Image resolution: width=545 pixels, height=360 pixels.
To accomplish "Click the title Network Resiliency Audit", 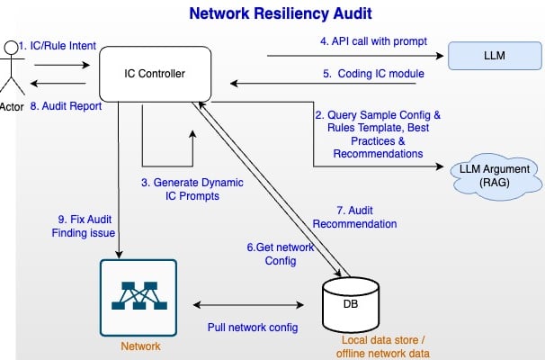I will [272, 14].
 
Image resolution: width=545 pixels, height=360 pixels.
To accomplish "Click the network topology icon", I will [138, 297].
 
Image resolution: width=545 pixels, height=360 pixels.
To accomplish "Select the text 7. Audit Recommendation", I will [353, 216].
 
